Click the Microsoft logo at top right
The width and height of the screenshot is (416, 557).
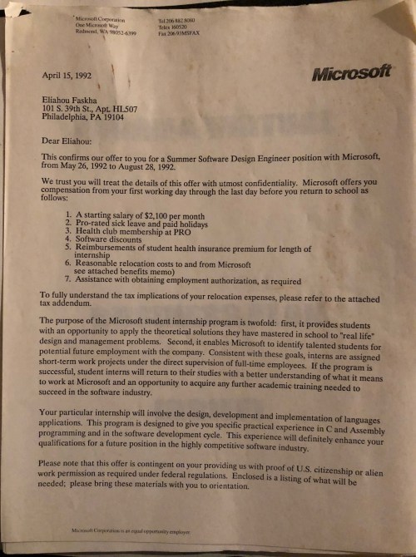coord(350,72)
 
